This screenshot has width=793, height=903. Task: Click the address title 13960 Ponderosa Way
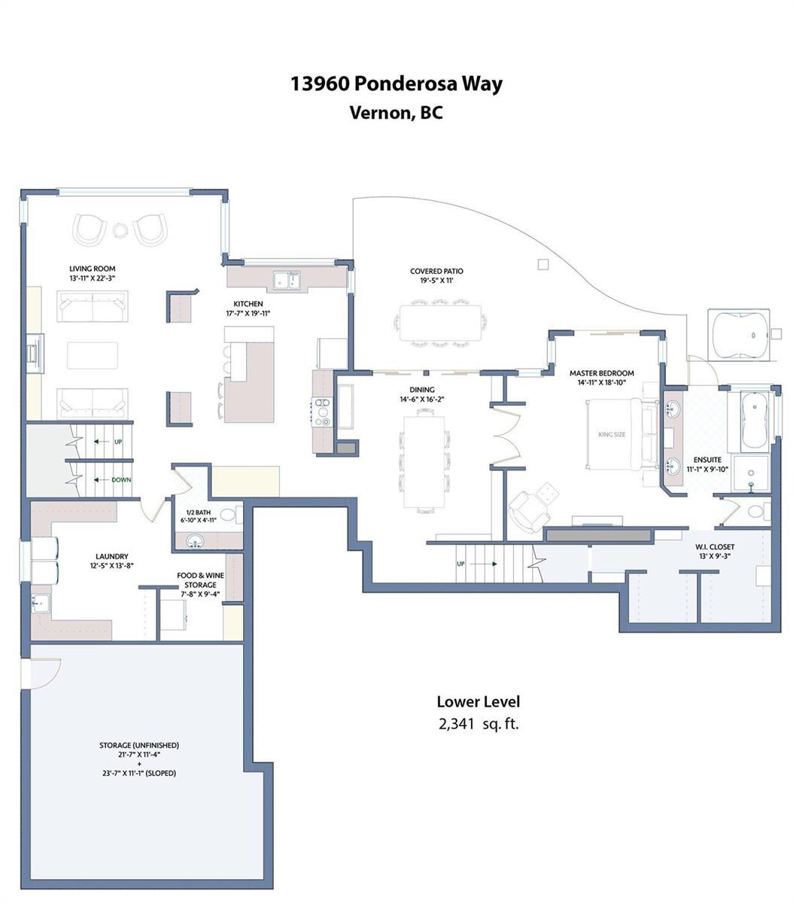point(396,84)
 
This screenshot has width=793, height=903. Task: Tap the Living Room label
point(93,269)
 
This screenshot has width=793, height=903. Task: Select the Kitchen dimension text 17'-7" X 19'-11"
point(248,313)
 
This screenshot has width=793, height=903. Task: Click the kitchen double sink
point(287,281)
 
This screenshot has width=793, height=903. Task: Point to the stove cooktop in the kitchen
point(323,412)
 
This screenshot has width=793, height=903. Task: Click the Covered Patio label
point(436,271)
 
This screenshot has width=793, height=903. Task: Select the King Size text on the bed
point(612,434)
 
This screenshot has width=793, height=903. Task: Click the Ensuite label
point(707,460)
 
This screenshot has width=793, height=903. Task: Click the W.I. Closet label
point(715,546)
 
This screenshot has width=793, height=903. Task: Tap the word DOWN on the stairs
point(121,479)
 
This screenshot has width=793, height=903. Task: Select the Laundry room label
point(112,556)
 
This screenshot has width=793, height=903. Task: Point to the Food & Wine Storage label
point(200,580)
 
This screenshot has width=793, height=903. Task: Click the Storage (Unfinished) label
point(139,745)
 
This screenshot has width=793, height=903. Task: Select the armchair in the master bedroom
point(529,512)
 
